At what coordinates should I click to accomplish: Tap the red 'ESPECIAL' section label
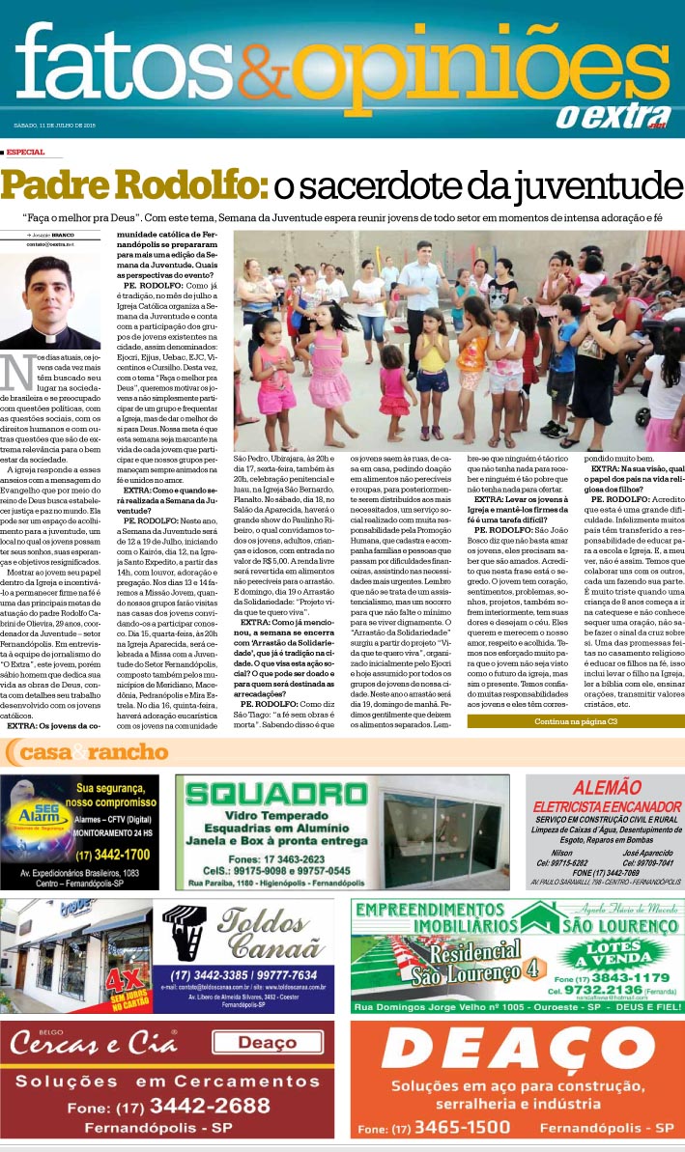pos(25,152)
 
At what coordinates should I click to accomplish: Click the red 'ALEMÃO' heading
pos(600,787)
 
